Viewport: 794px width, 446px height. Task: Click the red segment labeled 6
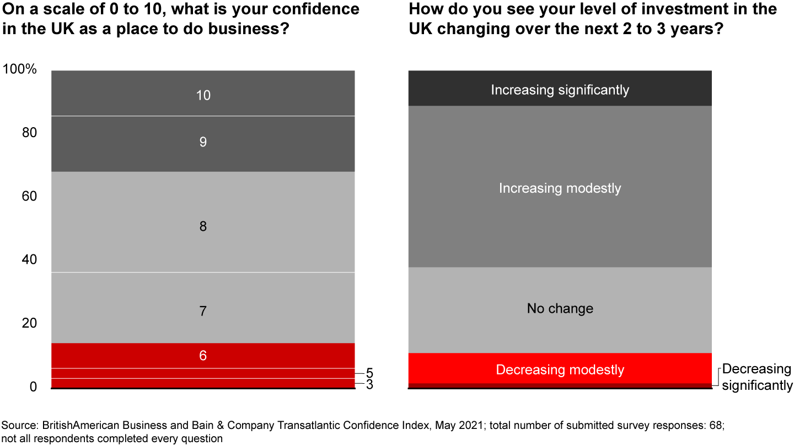point(203,356)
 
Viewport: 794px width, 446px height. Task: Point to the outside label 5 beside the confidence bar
point(369,373)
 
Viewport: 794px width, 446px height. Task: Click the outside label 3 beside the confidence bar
point(369,385)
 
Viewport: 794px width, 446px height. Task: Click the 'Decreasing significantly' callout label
point(757,377)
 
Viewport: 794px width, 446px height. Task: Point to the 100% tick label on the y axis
point(20,70)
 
